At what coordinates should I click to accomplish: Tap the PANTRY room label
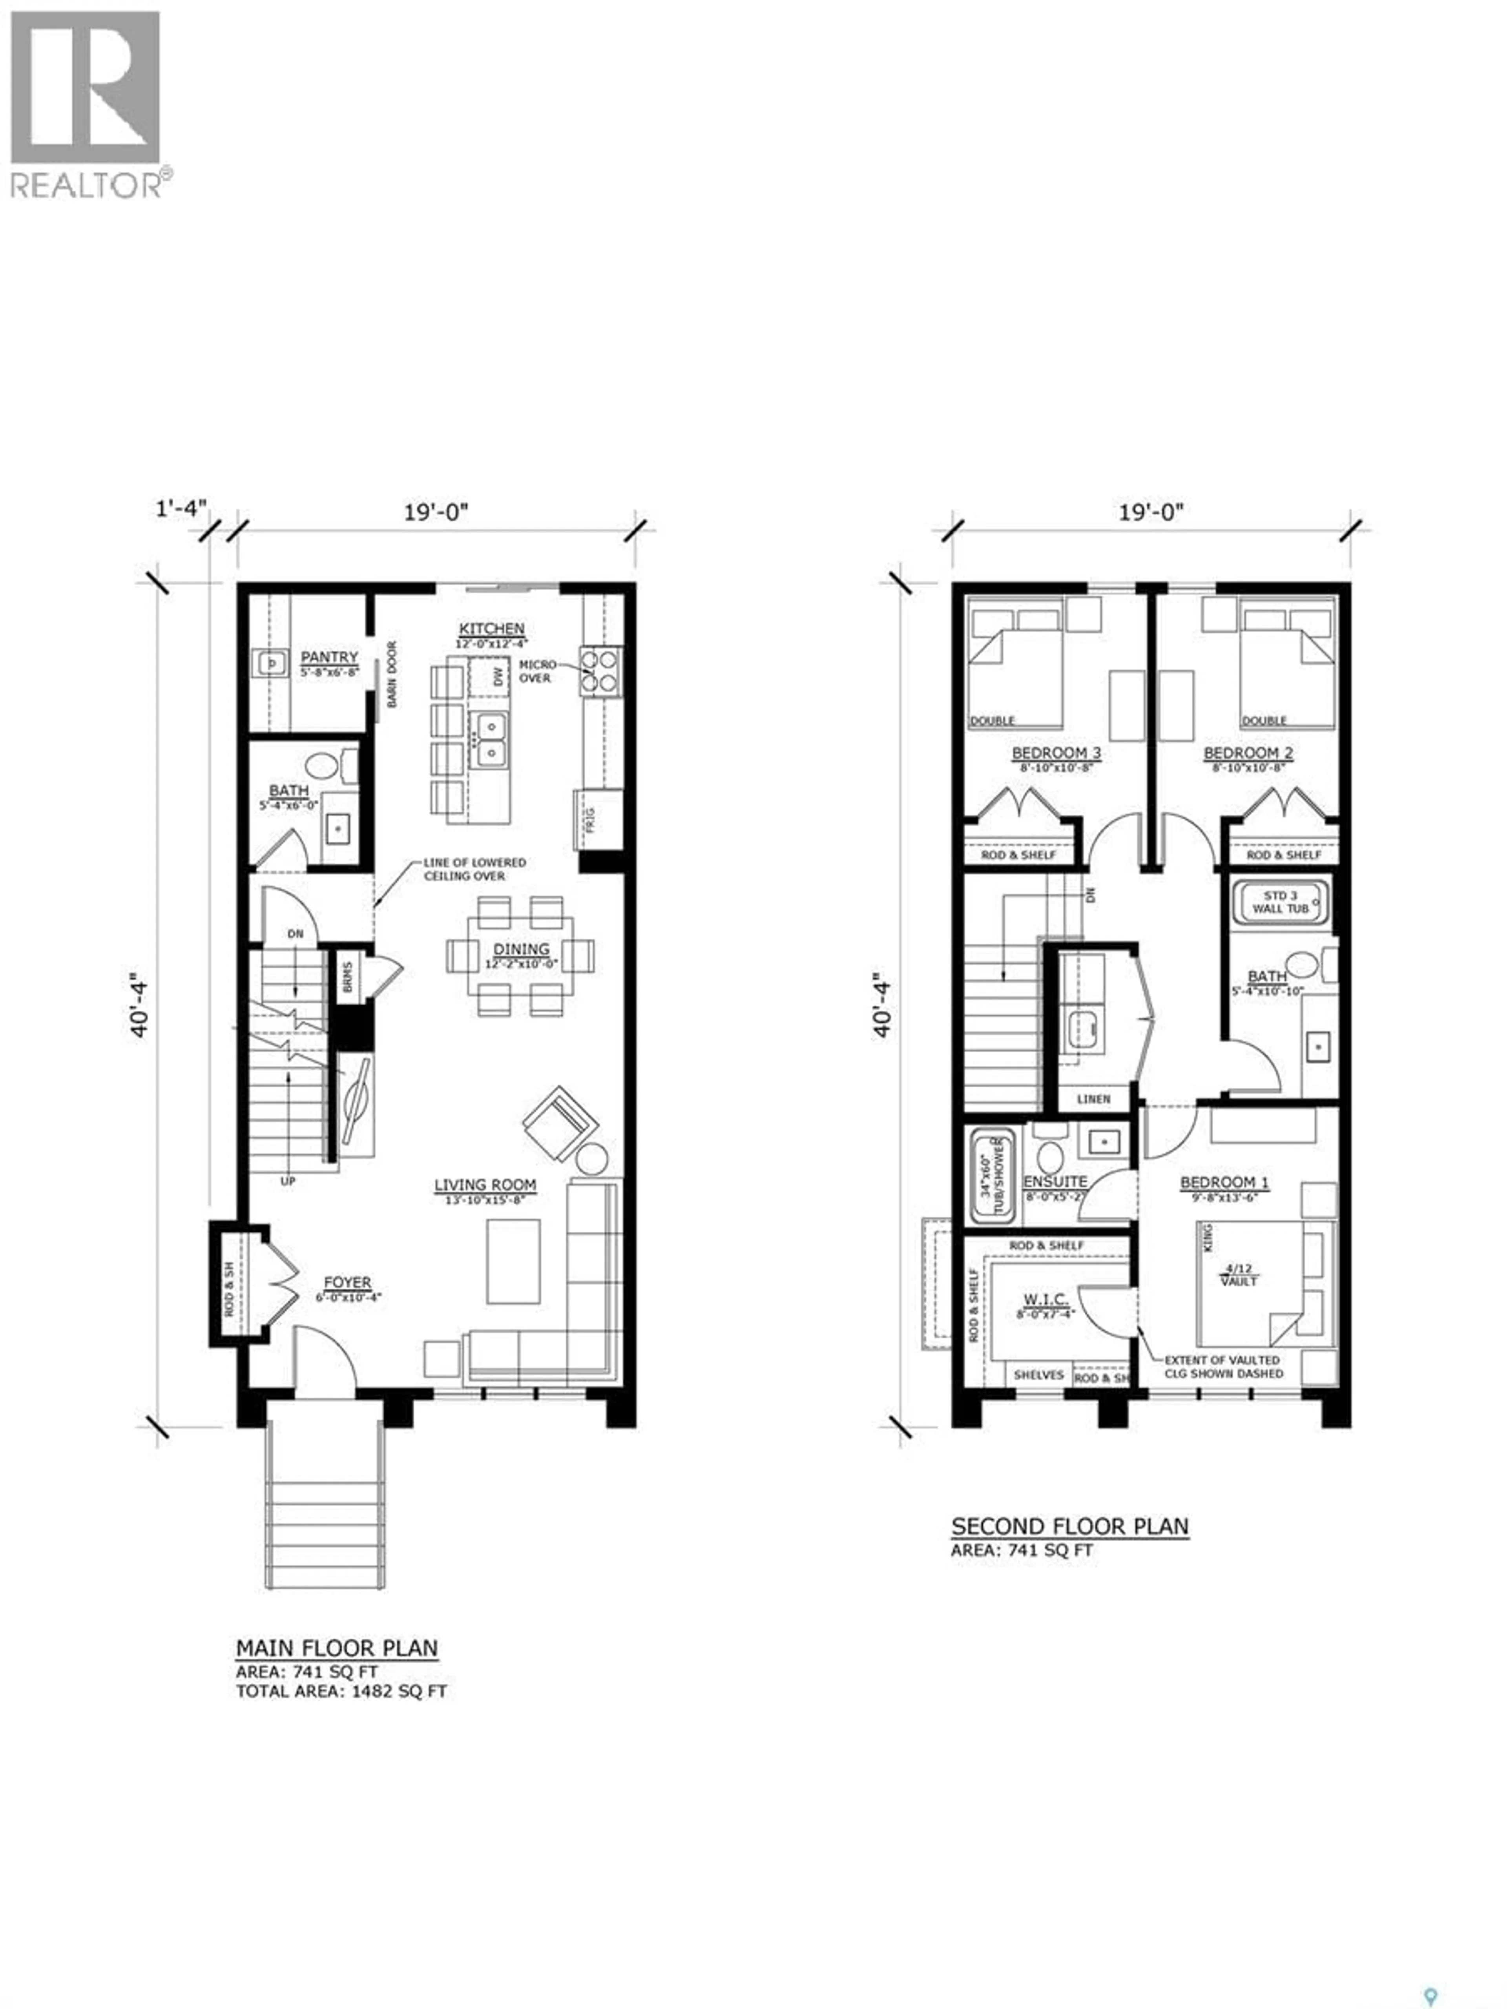(329, 656)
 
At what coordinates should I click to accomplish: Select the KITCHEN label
(491, 629)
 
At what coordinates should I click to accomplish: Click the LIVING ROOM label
(484, 1185)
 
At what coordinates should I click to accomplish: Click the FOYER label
(347, 1282)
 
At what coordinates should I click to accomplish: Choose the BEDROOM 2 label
(1247, 753)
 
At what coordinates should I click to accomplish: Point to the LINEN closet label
(1093, 1099)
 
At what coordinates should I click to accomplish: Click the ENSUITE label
(1055, 1181)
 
